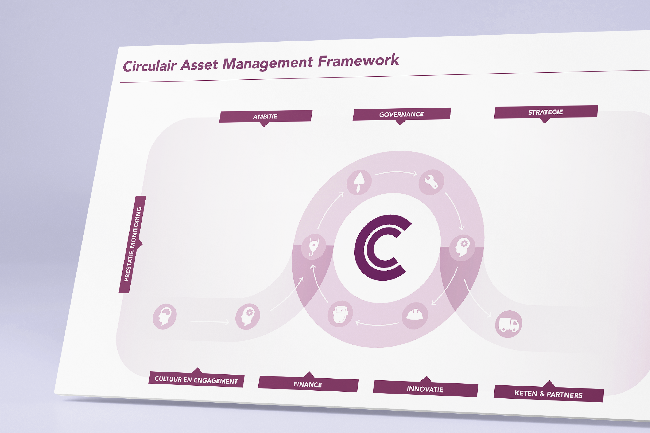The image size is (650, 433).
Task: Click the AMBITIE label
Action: point(265,116)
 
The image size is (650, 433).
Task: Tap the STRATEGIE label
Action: point(546,112)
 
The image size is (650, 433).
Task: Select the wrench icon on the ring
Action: point(431,182)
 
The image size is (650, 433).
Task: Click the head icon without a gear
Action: point(165,317)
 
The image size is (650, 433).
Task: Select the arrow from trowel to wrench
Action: point(396,173)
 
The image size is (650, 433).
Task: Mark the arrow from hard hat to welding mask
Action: point(377,324)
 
